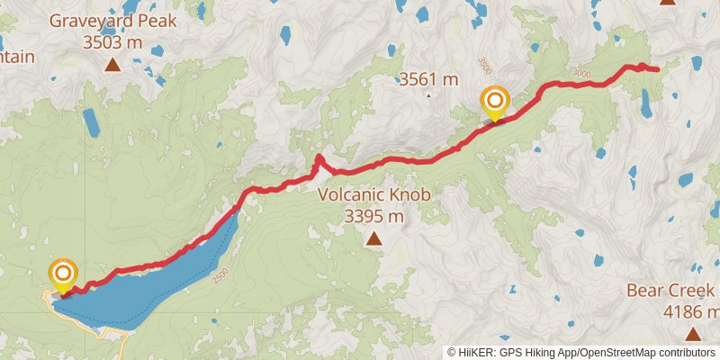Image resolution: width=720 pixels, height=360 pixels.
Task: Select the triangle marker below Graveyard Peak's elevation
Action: coord(112,64)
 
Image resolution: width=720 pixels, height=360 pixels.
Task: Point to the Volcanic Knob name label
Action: coord(373,194)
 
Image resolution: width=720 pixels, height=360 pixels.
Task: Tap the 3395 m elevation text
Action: coord(373,216)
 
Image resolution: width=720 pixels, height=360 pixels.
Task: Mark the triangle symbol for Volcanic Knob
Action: coord(373,238)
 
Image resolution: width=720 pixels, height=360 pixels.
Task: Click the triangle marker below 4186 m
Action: coord(692,334)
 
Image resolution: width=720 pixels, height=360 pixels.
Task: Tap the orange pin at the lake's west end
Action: coord(63,274)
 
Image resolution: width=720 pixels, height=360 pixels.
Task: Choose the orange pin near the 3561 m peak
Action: coord(495,101)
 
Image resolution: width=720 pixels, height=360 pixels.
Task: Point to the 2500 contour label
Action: coord(222,278)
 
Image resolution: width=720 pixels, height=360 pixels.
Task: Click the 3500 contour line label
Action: coord(484,65)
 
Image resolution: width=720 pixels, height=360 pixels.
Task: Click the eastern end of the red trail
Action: coord(657,68)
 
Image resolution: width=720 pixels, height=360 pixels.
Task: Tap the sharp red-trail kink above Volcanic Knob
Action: coord(318,158)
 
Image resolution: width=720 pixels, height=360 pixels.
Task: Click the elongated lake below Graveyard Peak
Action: coord(91,123)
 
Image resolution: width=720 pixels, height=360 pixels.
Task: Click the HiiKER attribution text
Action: coord(581,352)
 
